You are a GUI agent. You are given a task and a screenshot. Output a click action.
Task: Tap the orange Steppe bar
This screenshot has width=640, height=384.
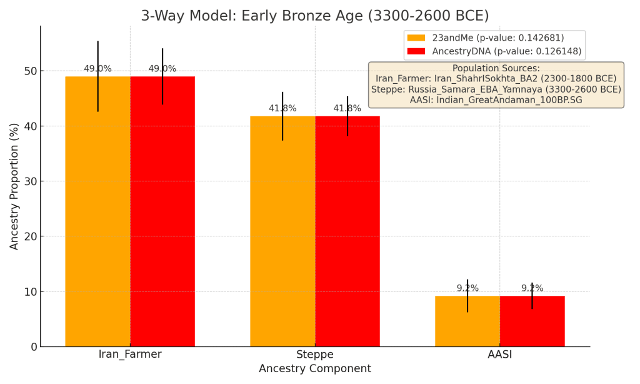(282, 231)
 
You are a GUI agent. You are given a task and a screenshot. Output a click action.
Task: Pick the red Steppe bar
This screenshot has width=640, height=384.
(347, 231)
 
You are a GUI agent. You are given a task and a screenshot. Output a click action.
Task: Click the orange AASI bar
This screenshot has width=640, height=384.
(467, 321)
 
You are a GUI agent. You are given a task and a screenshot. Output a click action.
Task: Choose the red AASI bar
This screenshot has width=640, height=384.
(532, 321)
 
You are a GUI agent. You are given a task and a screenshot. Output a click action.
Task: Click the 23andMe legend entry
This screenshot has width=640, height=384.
(497, 38)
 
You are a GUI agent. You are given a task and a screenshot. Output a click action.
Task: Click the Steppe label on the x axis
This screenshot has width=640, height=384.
(315, 355)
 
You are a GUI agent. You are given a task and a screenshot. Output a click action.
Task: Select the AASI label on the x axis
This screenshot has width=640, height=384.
(500, 355)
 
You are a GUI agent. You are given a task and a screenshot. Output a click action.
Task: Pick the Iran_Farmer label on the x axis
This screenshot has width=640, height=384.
(130, 355)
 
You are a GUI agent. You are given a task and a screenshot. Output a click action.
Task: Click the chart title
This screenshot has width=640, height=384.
(315, 16)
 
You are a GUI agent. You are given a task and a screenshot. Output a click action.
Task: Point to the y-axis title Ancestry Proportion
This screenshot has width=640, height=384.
(15, 186)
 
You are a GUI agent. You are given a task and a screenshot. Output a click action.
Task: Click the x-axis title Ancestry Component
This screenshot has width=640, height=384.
(315, 369)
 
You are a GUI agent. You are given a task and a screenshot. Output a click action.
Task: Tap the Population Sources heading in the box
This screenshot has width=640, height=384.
(496, 69)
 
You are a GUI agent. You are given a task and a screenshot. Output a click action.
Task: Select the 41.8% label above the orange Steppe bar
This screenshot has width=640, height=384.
(282, 109)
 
